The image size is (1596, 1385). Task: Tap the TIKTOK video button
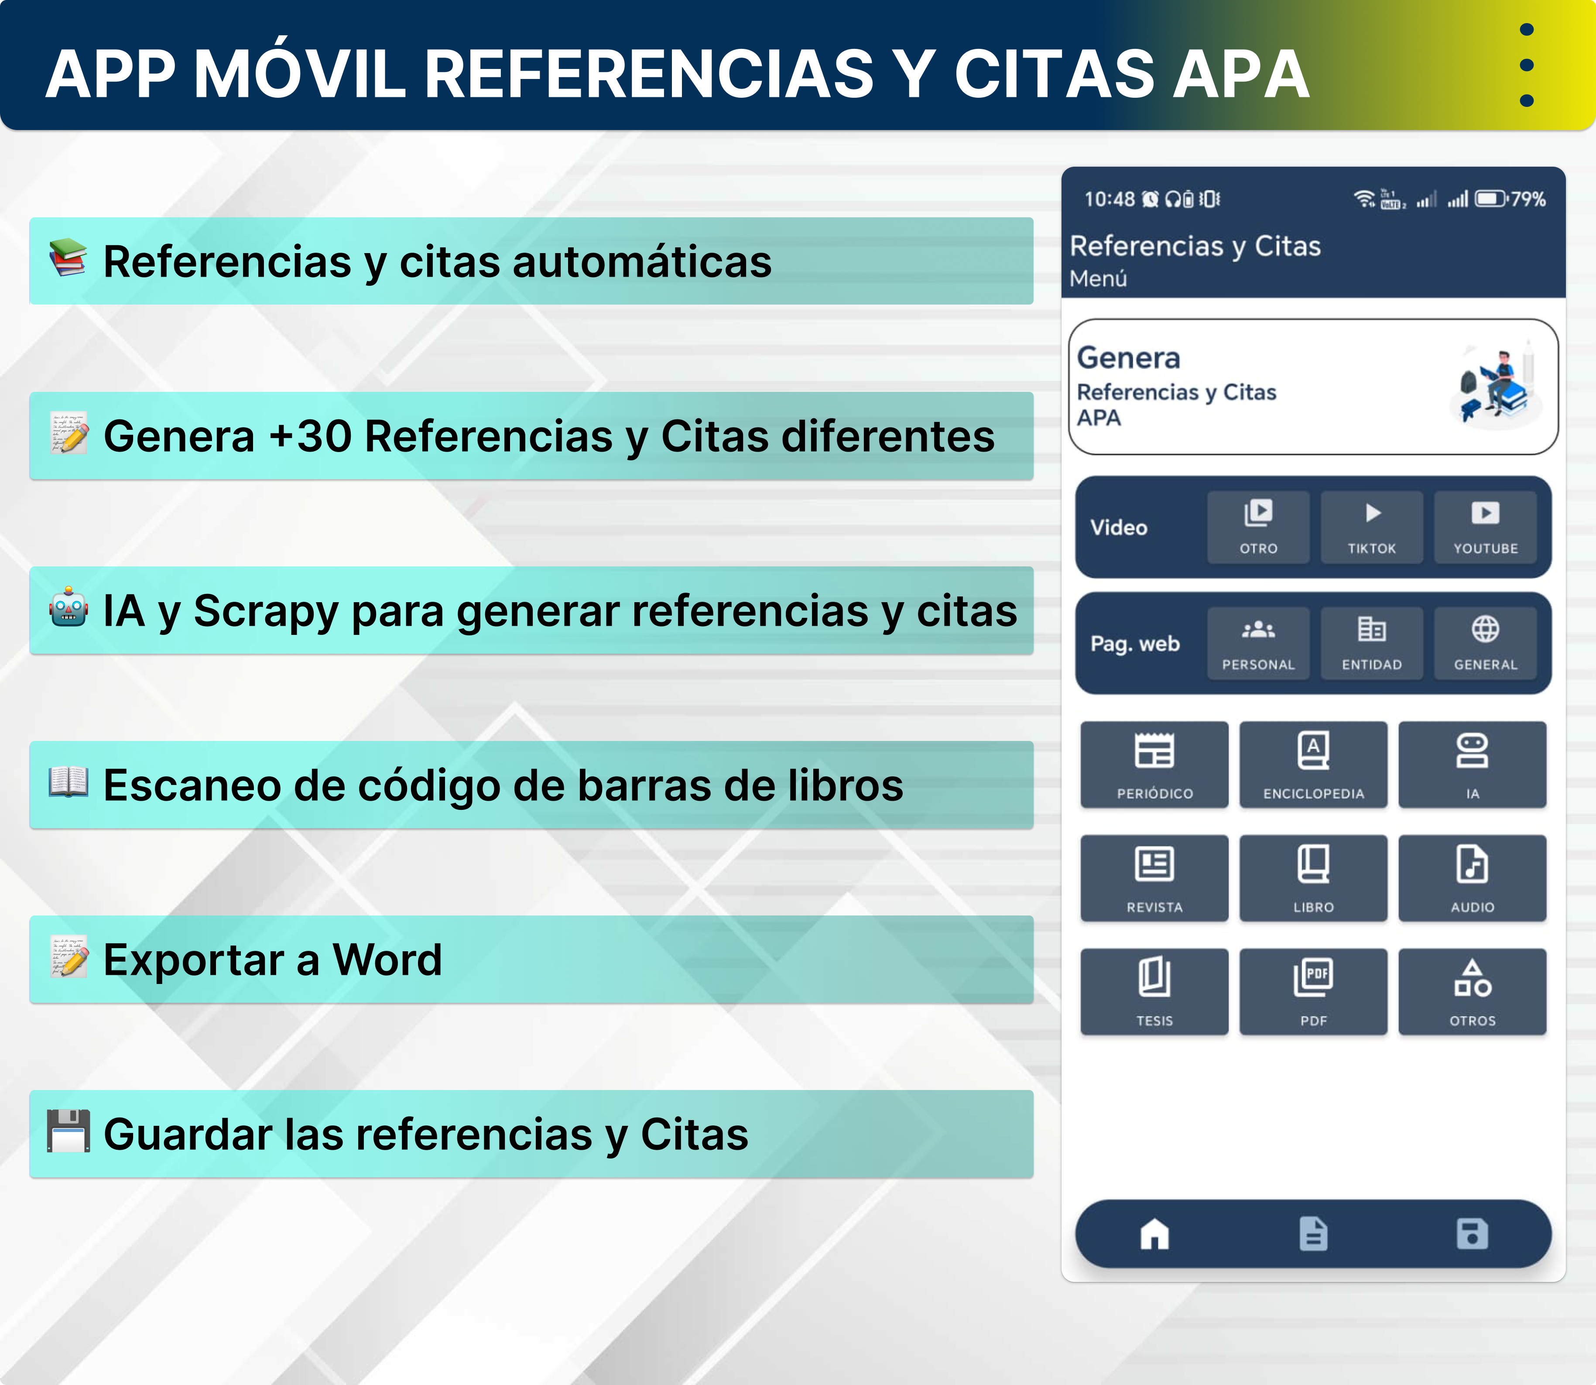click(1371, 527)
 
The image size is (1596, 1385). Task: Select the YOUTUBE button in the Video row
click(1485, 527)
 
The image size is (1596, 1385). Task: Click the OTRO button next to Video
click(1258, 527)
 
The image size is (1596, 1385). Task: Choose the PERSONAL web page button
click(1258, 643)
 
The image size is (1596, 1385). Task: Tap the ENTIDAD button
click(1371, 643)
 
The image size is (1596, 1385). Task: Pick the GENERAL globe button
click(1485, 643)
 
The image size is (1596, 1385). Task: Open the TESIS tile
click(1154, 991)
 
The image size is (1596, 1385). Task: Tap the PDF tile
click(1313, 991)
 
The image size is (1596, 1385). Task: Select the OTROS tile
click(1473, 991)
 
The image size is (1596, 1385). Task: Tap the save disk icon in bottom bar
click(1473, 1234)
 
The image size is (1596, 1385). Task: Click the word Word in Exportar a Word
click(387, 960)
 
